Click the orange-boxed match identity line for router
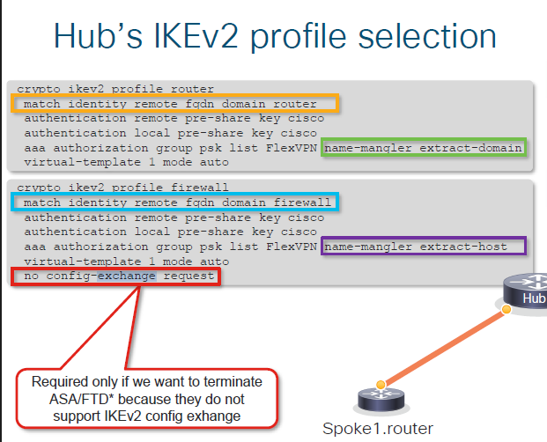tap(176, 103)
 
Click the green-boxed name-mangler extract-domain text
tap(424, 148)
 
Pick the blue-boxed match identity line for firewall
tap(176, 203)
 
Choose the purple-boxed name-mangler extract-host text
tap(415, 247)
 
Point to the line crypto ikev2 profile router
tap(115, 88)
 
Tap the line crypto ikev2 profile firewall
tap(123, 188)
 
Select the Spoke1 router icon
tap(380, 401)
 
